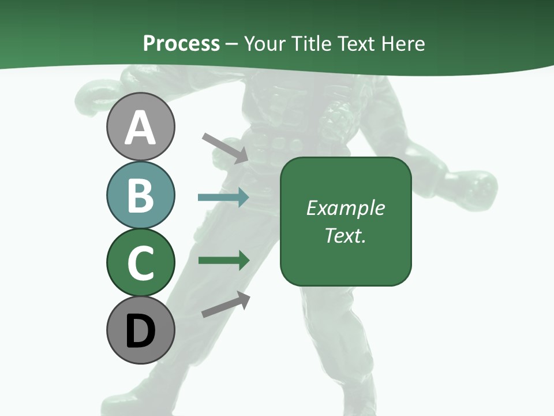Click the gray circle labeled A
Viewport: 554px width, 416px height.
click(x=140, y=127)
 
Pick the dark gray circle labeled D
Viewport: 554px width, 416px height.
click(x=140, y=330)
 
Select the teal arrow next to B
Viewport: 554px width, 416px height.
click(x=223, y=198)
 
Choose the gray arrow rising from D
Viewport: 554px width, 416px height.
click(x=226, y=305)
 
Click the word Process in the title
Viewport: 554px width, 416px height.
click(x=181, y=43)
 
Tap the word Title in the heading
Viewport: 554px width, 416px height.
click(x=312, y=43)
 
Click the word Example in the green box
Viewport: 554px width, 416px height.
click(x=345, y=208)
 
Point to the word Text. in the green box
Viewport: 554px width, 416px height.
click(x=345, y=235)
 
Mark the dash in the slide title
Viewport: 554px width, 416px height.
click(x=232, y=44)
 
